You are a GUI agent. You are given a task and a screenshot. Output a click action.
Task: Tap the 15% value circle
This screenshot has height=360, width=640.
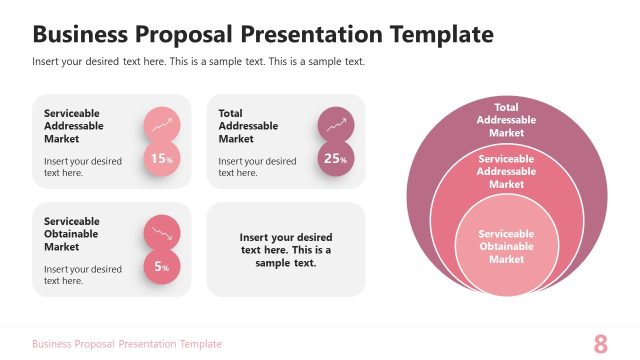[x=162, y=158]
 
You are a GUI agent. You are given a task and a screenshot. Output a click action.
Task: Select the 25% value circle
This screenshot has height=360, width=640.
[x=336, y=158]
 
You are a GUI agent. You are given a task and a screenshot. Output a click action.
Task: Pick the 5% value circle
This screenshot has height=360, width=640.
[x=162, y=266]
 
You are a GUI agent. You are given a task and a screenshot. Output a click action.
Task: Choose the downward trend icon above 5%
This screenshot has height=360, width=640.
[x=162, y=233]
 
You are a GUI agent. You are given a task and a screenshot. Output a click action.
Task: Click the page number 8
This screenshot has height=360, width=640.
[x=601, y=344]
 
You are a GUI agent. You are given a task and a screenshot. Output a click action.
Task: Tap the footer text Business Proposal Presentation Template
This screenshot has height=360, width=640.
[x=127, y=344]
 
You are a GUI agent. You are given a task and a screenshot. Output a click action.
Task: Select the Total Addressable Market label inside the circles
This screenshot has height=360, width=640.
[x=506, y=120]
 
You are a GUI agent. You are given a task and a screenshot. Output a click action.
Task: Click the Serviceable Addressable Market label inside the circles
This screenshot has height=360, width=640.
[x=506, y=171]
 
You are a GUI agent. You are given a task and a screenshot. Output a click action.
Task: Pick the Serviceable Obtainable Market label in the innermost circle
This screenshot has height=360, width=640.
[x=506, y=246]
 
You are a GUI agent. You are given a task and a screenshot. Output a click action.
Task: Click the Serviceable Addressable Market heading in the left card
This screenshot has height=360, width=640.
[x=72, y=126]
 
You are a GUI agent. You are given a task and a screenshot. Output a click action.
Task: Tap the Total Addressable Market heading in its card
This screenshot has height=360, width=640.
[x=248, y=126]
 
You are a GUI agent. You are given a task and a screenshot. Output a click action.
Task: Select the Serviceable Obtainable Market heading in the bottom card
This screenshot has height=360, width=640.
[x=72, y=234]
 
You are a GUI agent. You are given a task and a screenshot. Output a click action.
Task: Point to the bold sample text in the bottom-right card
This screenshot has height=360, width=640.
[x=286, y=250]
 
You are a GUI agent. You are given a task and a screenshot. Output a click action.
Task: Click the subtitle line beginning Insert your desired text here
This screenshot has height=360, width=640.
[x=198, y=62]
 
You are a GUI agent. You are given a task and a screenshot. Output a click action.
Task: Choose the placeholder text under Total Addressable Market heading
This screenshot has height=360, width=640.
[x=257, y=167]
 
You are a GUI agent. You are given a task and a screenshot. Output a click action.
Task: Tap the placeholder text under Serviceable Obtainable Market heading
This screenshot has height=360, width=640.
[x=83, y=275]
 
